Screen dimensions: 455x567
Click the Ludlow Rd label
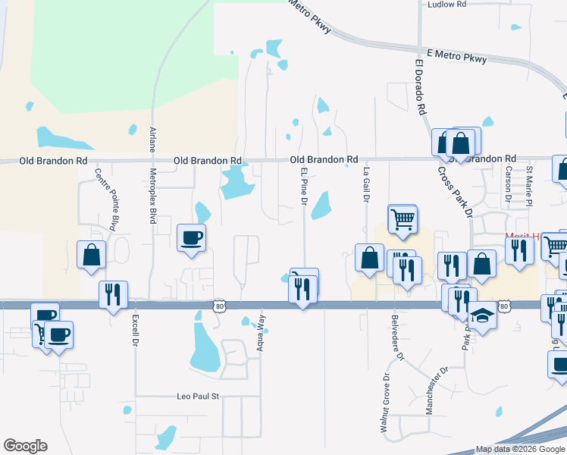coord(446,4)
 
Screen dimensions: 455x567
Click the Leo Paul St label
coord(197,397)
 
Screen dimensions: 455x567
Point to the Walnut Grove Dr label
coord(387,403)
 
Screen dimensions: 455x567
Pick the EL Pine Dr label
coord(303,187)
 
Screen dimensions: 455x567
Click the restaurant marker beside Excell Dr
coord(114,293)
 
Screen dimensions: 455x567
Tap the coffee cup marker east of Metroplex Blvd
coord(191,237)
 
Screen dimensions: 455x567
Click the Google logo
coord(25,446)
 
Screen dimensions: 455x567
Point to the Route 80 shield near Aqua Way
coord(219,305)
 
